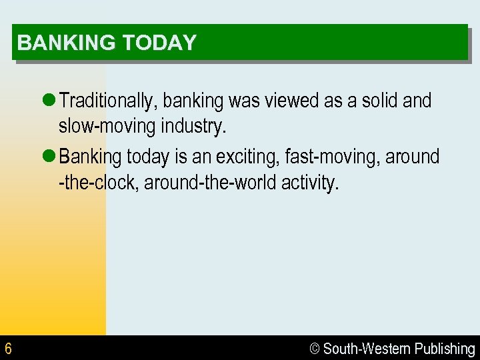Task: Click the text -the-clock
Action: click(x=98, y=182)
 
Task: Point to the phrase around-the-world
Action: click(x=211, y=182)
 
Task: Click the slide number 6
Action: click(x=8, y=349)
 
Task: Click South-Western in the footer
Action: click(x=367, y=349)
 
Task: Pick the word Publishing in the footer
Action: click(x=445, y=349)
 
